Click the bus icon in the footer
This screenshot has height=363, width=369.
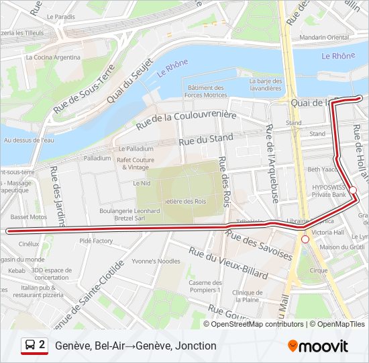click(30, 346)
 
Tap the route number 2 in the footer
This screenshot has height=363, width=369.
click(42, 345)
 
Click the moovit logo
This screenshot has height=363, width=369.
click(318, 346)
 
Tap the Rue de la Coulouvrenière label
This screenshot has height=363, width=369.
click(186, 120)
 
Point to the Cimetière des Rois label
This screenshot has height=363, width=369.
click(182, 201)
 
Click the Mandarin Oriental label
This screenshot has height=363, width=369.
click(325, 37)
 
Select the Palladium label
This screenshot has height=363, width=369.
click(97, 158)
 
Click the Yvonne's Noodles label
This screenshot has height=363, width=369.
click(156, 261)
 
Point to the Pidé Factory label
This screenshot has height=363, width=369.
click(96, 241)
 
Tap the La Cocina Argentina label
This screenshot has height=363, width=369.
click(52, 57)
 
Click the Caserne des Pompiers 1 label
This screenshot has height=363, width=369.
click(205, 286)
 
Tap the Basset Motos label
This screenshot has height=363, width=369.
click(29, 217)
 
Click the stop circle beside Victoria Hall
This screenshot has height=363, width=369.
click(305, 239)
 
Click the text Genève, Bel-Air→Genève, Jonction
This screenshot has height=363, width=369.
click(136, 346)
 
